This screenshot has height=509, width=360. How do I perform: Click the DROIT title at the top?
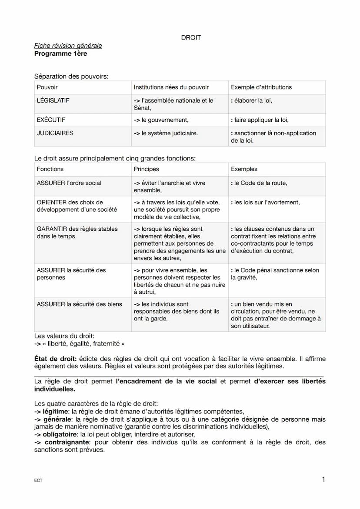pos(191,38)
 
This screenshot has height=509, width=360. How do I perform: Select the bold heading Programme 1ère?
pos(60,53)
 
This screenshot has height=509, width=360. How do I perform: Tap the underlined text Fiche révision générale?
pos(68,46)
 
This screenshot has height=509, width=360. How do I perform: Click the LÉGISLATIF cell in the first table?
pos(53,100)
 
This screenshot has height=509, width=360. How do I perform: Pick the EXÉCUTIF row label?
pos(51,120)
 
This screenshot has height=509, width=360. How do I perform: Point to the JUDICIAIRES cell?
pos(55,133)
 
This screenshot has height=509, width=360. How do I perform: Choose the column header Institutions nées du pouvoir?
pos(171,87)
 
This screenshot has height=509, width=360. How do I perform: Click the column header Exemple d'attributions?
pos(261,87)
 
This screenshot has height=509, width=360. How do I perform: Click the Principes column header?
pos(147,169)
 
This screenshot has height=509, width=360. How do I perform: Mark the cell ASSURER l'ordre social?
pos(69,183)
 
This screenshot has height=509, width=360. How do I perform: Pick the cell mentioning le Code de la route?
pos(259,183)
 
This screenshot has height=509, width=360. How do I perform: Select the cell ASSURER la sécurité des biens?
pos(79,304)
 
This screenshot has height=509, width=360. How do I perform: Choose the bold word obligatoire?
pos(59,434)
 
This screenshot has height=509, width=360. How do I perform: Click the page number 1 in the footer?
pos(323,479)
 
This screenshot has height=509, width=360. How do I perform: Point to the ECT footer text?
pos(38,481)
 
